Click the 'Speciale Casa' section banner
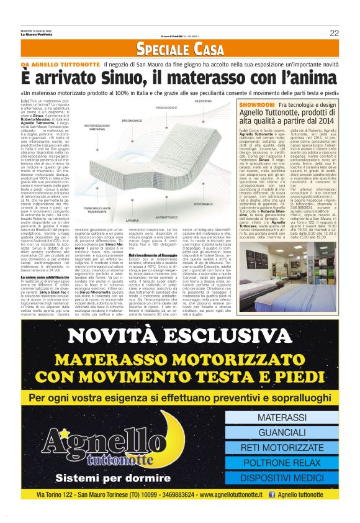179,48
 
